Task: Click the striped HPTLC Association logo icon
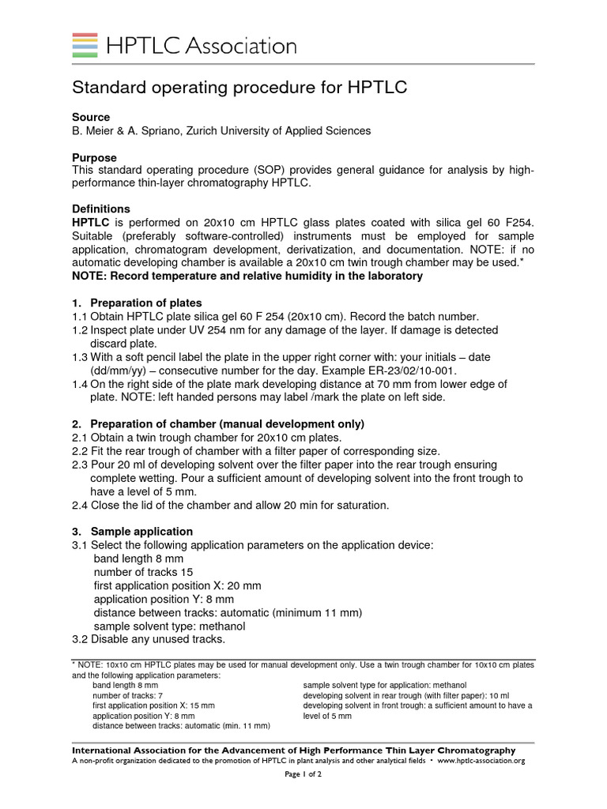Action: click(85, 45)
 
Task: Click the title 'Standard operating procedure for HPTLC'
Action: click(239, 88)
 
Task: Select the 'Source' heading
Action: click(91, 117)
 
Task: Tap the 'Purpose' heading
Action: click(94, 157)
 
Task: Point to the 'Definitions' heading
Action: click(101, 209)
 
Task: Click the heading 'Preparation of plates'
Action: click(146, 303)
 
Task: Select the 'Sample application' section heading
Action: click(141, 532)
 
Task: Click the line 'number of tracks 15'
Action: click(143, 572)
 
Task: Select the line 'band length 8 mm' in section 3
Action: click(138, 559)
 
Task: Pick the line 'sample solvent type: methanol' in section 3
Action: click(169, 626)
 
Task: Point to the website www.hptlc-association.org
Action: click(481, 761)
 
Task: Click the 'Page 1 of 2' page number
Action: click(303, 775)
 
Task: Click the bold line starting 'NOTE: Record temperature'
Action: click(247, 276)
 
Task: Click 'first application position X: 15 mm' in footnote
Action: click(153, 706)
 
